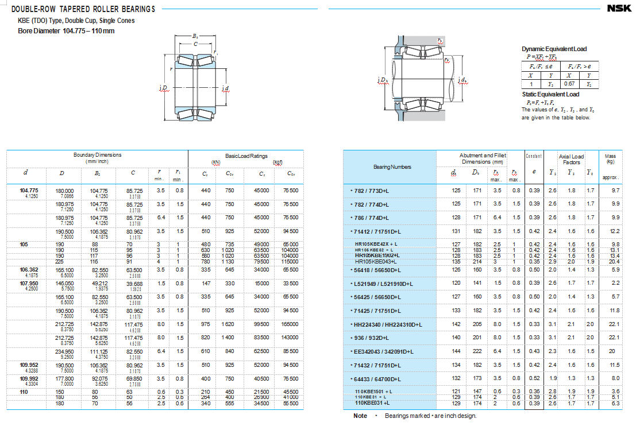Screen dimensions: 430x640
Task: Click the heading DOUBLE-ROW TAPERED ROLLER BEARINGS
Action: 83,9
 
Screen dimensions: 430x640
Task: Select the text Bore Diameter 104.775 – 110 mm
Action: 67,30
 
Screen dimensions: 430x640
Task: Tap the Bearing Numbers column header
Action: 392,167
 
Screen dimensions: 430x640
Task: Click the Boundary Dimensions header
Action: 98,158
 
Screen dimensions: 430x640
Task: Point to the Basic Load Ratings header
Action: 246,156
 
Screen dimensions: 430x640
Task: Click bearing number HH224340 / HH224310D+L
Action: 387,324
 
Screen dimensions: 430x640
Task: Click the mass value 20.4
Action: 616,261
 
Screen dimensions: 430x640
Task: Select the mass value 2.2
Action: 616,283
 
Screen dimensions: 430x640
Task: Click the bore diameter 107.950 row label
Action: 29,283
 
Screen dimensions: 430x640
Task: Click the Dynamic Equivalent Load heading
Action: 554,49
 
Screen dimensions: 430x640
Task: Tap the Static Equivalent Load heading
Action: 550,94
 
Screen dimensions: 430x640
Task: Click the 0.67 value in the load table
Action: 568,84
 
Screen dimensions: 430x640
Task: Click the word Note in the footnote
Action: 360,416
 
